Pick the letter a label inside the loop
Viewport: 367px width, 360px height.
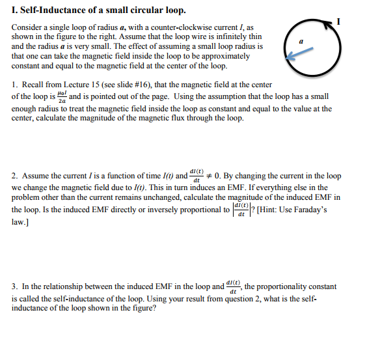pos(301,41)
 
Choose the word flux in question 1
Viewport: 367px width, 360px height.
pos(212,118)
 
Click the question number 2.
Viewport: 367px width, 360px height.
pos(15,176)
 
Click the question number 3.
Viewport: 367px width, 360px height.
pos(15,286)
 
